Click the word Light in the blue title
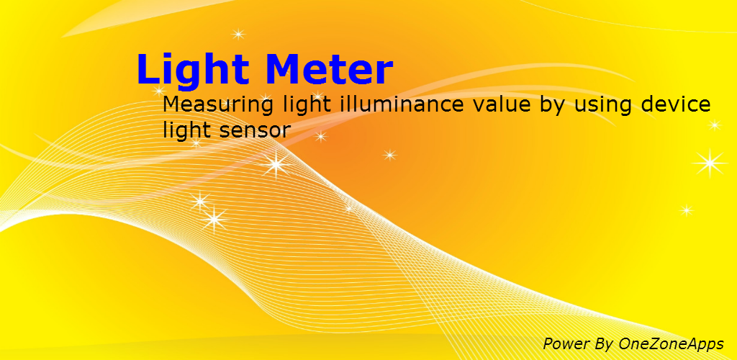[x=193, y=71]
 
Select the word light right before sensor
[x=186, y=130]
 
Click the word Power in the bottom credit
[x=566, y=343]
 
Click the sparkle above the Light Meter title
[x=238, y=33]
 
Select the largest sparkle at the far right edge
[x=710, y=163]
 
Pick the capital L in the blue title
[x=149, y=71]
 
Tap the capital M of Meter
[x=284, y=71]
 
